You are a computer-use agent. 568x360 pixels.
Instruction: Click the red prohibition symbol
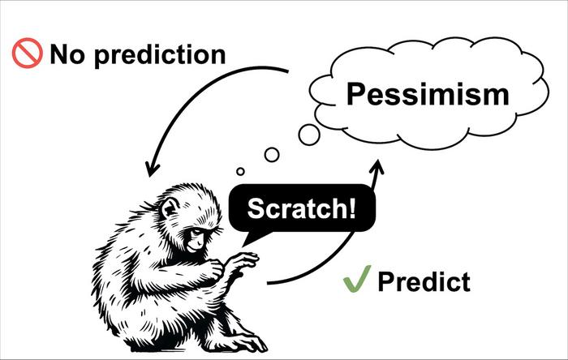(x=27, y=54)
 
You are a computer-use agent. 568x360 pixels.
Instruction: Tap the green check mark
(x=357, y=279)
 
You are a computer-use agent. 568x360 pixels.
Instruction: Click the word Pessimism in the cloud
(x=428, y=94)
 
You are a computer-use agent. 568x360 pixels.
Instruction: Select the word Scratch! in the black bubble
(x=301, y=208)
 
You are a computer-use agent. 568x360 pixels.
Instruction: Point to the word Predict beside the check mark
(x=424, y=281)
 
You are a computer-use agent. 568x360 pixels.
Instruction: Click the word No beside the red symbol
(x=67, y=54)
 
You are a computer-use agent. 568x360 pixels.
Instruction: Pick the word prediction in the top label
(x=160, y=55)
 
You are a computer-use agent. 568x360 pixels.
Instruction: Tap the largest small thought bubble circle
(x=309, y=135)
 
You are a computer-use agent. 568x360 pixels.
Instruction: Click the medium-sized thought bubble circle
(x=272, y=155)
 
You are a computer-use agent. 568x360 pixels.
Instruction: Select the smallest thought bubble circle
(x=240, y=172)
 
